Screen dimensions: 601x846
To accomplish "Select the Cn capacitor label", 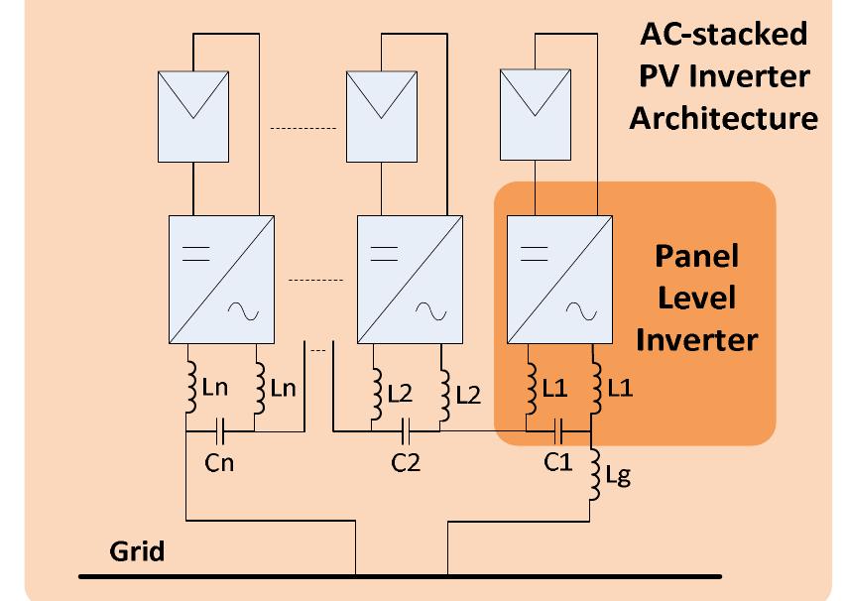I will (x=218, y=463).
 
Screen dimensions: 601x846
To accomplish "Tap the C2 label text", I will (x=405, y=462).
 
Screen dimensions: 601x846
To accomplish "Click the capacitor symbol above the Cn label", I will (x=220, y=432).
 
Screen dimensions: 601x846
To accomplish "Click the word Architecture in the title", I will (x=723, y=118).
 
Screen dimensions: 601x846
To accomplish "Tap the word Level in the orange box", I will (x=696, y=298).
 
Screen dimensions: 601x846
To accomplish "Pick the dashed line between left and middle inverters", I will (x=314, y=280).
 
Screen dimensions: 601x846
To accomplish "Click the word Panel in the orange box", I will (x=696, y=256).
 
